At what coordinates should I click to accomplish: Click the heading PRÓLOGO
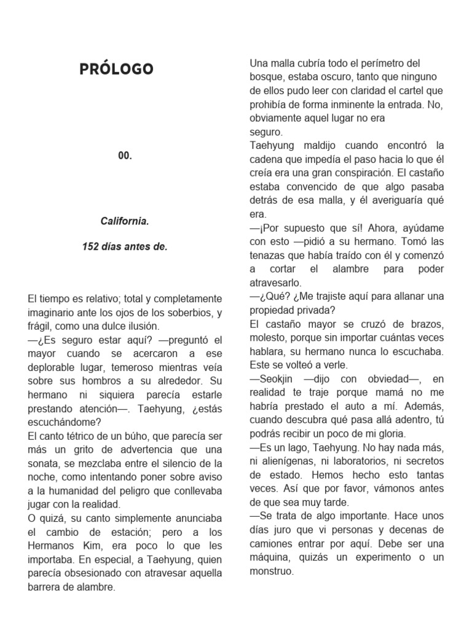(116, 69)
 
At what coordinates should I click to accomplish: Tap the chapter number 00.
(125, 156)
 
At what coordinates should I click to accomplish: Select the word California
(125, 220)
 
